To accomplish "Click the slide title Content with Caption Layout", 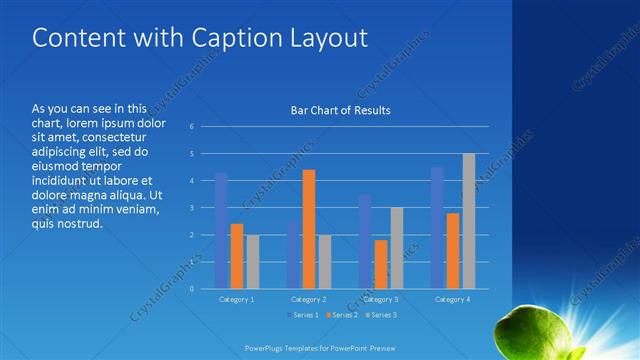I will coord(200,38).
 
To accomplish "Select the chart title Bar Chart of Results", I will coord(340,110).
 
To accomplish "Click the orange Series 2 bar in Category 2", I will coord(309,229).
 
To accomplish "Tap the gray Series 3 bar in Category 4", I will coord(469,221).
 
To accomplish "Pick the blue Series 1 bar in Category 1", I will coord(221,231).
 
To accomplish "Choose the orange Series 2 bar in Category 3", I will coord(381,264).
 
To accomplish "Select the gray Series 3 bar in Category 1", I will coord(253,262).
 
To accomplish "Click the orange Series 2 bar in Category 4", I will coord(453,251).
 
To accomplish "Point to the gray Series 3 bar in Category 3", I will coord(397,248).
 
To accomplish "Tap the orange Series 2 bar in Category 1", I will coord(237,256).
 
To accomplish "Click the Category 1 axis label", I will coord(237,299).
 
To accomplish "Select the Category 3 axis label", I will coord(381,299).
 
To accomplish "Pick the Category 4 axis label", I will coord(453,299).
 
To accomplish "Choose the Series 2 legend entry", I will coord(343,316).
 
